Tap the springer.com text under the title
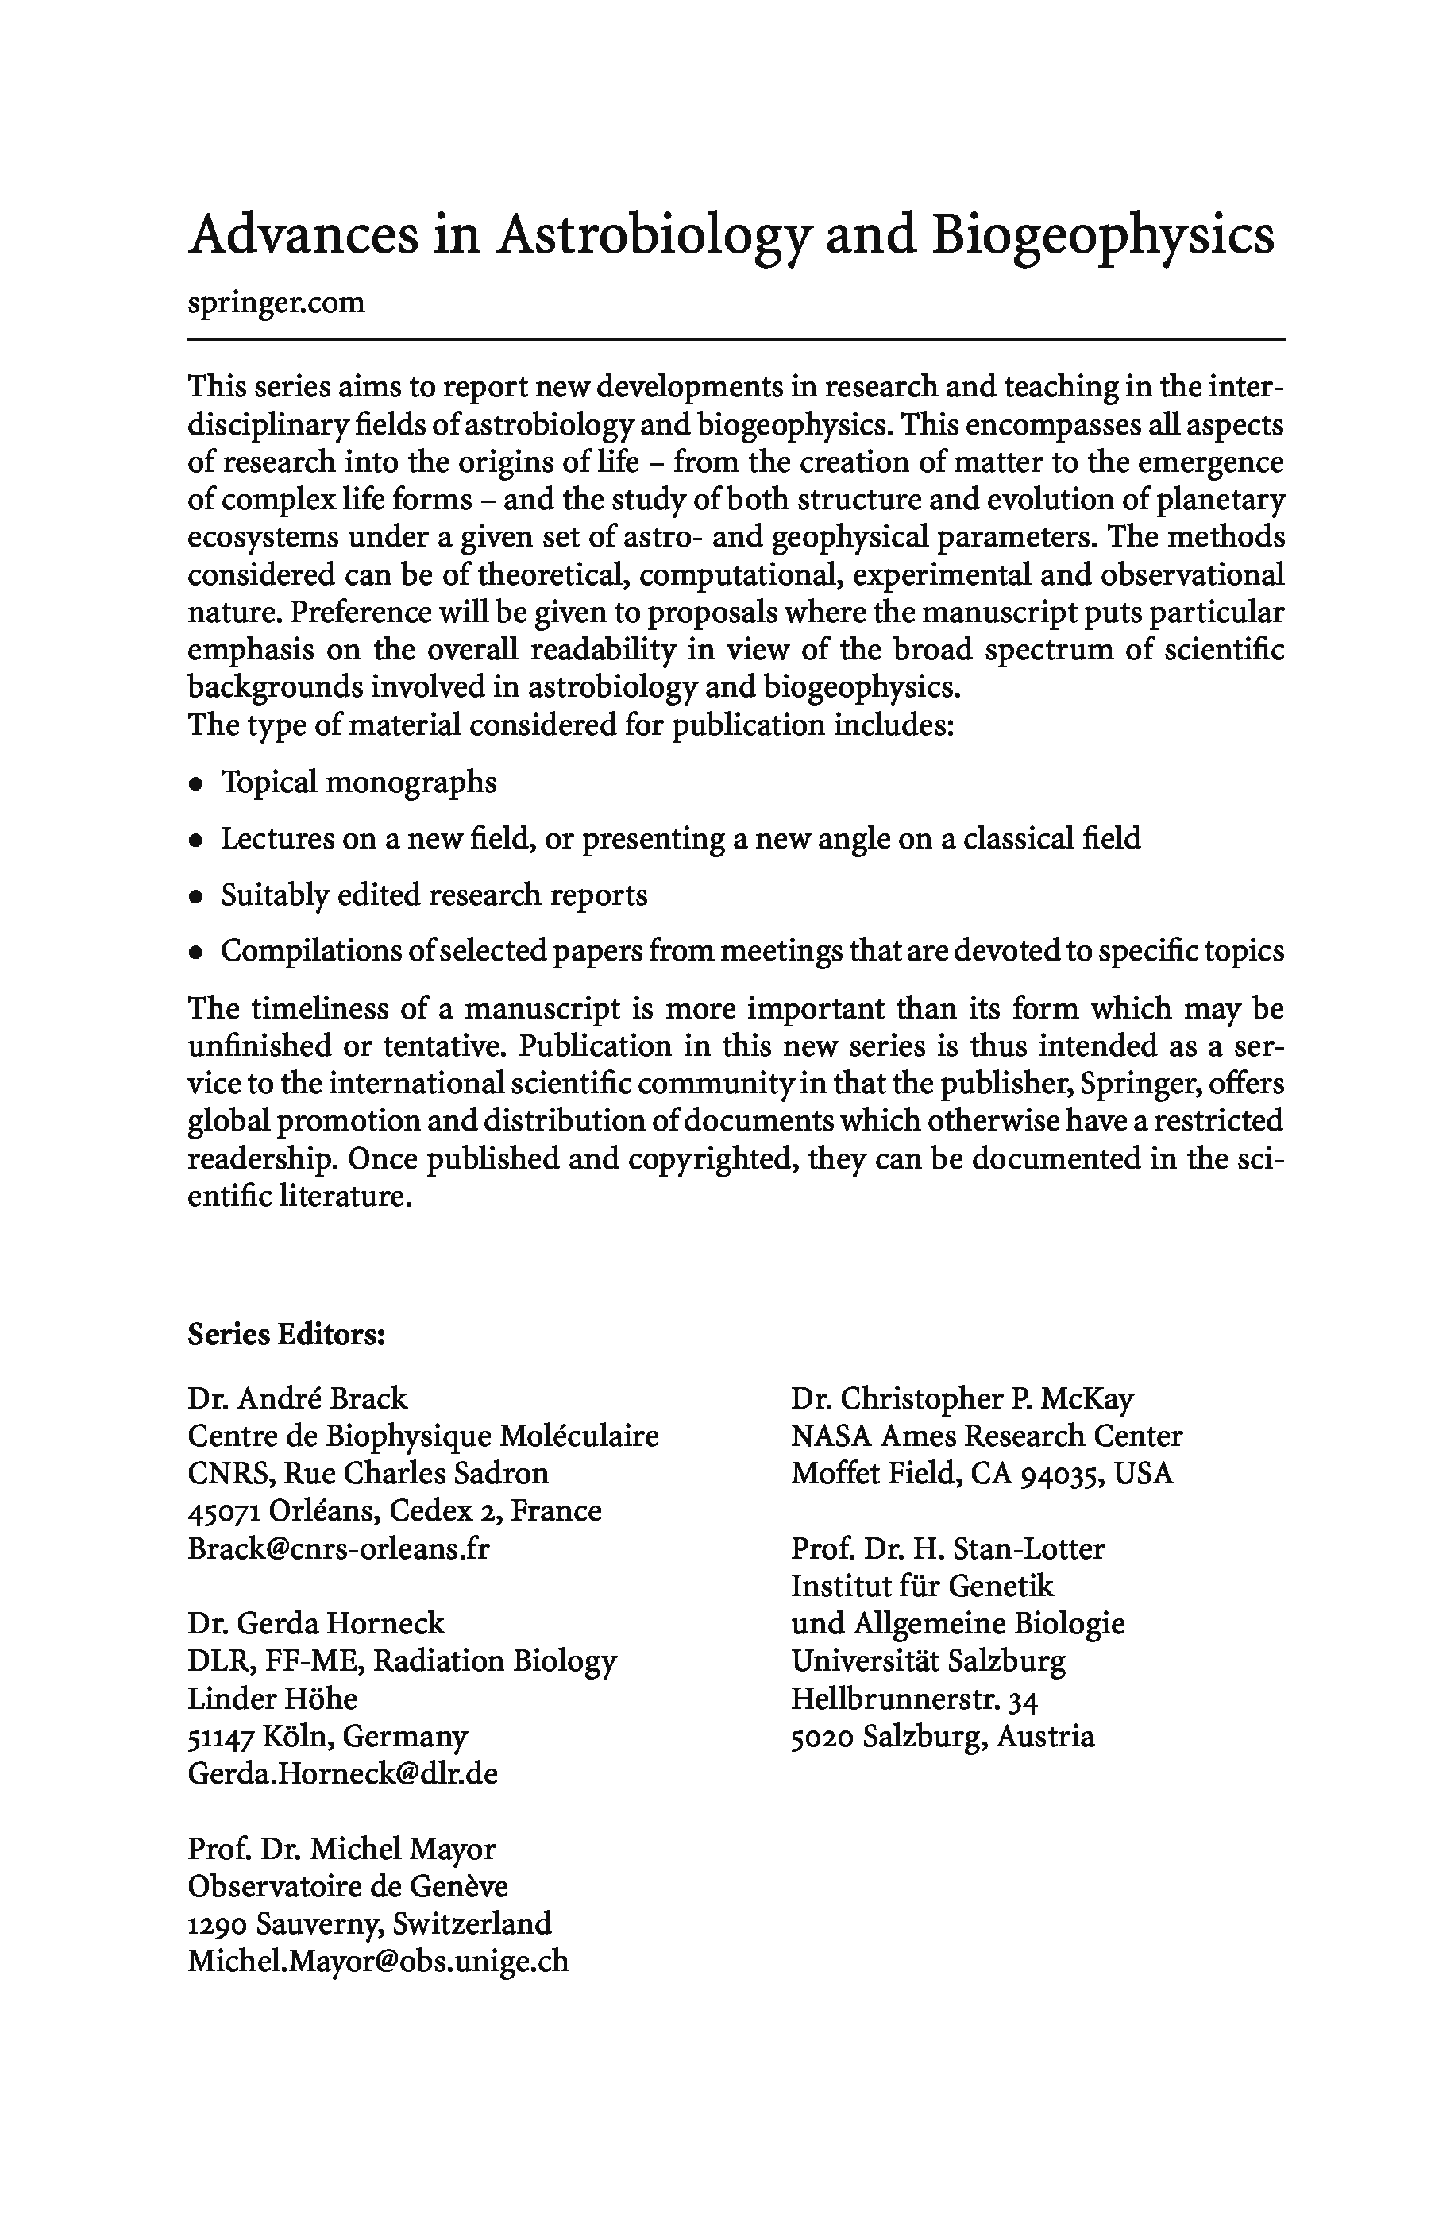(x=276, y=303)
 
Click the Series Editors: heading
(x=287, y=1334)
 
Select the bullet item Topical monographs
(x=359, y=782)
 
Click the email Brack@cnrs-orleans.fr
(x=338, y=1548)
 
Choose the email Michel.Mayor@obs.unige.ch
(x=377, y=1961)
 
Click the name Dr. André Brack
(x=297, y=1398)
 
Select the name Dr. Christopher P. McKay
(x=962, y=1398)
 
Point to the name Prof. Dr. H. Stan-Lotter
(x=947, y=1548)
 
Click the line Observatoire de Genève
(x=347, y=1886)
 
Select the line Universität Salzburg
(x=928, y=1660)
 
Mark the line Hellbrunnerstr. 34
(x=913, y=1698)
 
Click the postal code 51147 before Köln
(x=221, y=1736)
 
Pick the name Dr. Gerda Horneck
(x=315, y=1623)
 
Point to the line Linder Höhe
(x=272, y=1698)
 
